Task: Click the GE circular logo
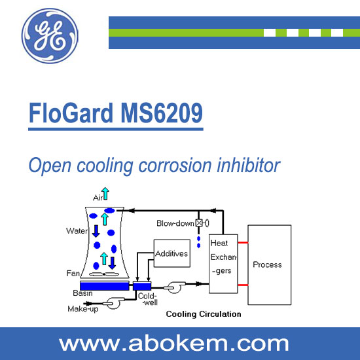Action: tap(50, 36)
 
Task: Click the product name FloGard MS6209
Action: tap(116, 113)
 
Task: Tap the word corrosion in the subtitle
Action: tap(175, 165)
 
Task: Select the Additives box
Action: tap(172, 253)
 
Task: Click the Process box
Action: tap(270, 265)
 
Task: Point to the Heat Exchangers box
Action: tap(223, 264)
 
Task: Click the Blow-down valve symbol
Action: tap(202, 223)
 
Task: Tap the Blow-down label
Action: tap(175, 223)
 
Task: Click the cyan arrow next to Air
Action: tap(105, 194)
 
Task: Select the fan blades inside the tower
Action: tap(104, 274)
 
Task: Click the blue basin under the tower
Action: tap(105, 286)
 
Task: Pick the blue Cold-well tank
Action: tap(142, 286)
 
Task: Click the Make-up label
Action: tap(83, 309)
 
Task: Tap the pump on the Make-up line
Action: tap(113, 303)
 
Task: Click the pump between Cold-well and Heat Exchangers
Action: tap(175, 287)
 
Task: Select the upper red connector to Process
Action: tap(243, 242)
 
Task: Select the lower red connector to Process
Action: tap(243, 285)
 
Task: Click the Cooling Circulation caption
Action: tap(204, 314)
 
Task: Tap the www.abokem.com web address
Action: tap(174, 344)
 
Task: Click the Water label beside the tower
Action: tap(77, 231)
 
